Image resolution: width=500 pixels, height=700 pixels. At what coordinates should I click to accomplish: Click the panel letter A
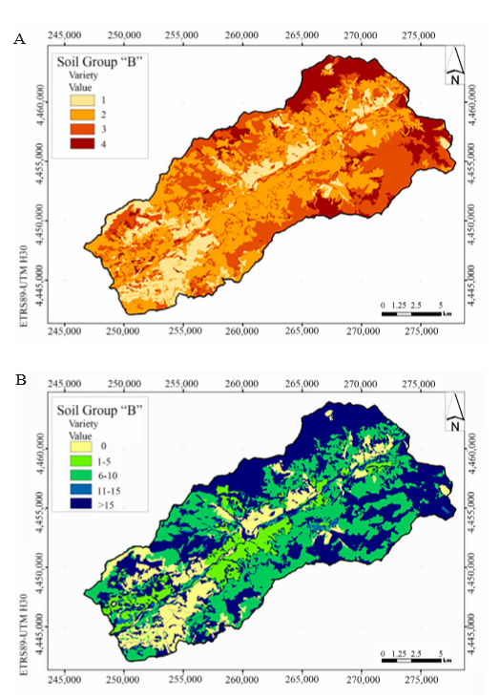(19, 39)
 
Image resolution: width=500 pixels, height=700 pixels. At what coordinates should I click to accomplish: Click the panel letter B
(21, 380)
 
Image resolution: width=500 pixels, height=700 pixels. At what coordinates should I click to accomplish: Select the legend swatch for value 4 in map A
(82, 144)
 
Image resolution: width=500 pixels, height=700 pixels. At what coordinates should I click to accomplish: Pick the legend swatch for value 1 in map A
(82, 100)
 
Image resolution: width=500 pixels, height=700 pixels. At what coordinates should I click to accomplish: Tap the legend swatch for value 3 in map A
(82, 129)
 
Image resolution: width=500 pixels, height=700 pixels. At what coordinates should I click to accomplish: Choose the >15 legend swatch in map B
(81, 504)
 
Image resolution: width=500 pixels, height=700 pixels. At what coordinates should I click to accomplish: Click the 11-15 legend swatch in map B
(81, 490)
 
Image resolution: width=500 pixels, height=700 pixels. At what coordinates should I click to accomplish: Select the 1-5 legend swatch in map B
(81, 460)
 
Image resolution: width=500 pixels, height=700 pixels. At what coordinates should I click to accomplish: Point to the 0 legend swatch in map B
(81, 446)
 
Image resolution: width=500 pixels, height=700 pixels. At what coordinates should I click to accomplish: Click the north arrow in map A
(454, 65)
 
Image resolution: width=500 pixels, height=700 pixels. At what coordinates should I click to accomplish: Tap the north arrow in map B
(454, 413)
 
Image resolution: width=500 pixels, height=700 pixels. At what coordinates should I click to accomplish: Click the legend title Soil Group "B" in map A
(99, 62)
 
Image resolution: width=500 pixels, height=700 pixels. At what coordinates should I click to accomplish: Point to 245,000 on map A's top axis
(64, 35)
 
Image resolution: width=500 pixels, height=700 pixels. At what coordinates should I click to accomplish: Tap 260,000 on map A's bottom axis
(241, 331)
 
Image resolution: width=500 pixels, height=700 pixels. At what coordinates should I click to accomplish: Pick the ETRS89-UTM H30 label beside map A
(24, 286)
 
